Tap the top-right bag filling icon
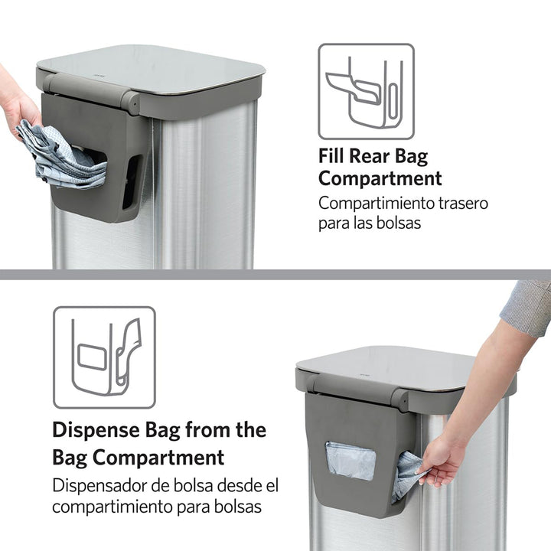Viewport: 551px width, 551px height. [x=366, y=91]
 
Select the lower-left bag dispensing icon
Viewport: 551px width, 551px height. [x=104, y=357]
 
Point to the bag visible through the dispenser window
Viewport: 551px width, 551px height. [x=350, y=461]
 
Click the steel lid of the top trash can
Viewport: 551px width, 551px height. [x=153, y=68]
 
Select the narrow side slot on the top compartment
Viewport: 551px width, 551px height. [x=131, y=181]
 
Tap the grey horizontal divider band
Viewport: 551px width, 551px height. [x=275, y=274]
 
